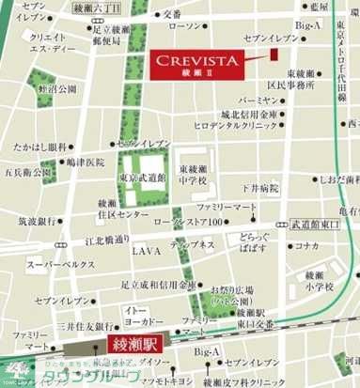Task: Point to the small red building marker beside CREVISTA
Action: [274, 54]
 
